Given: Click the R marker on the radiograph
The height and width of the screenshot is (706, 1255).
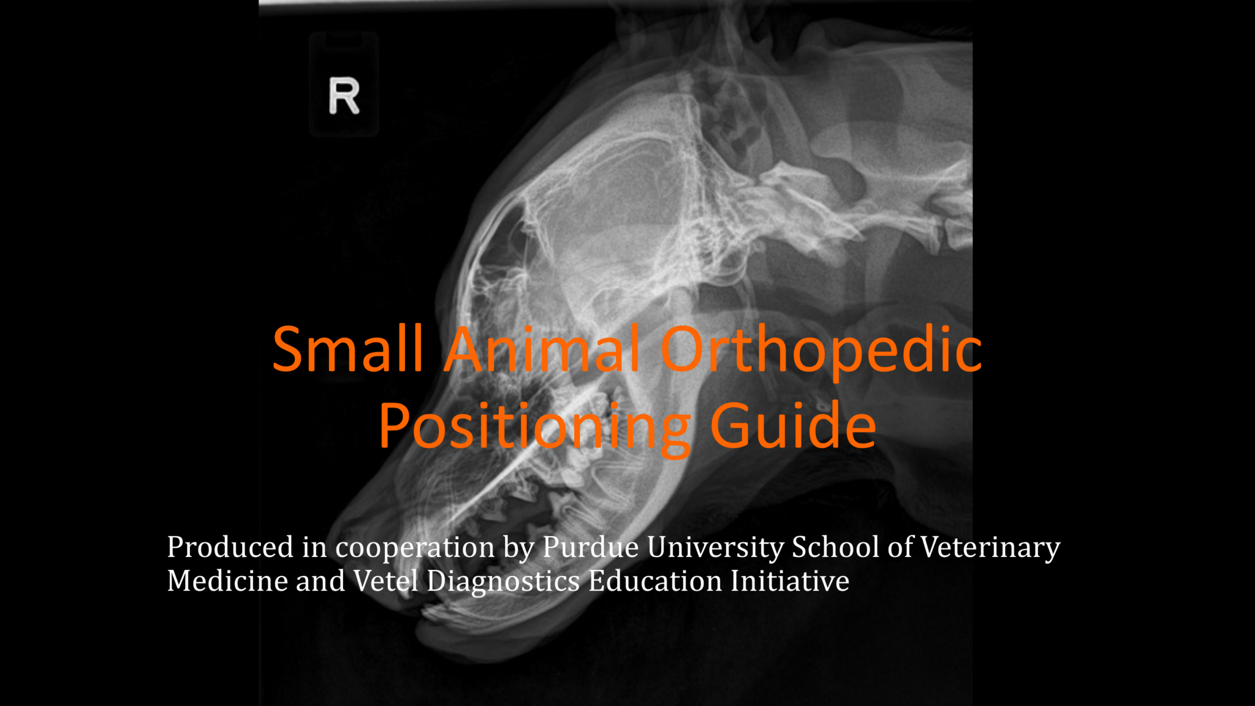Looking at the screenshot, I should click(344, 96).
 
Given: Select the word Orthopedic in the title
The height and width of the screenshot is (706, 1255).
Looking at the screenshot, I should click(821, 351).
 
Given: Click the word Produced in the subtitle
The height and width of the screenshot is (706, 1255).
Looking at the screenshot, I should click(230, 547).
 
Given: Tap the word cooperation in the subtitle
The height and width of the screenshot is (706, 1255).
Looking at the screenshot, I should click(415, 547).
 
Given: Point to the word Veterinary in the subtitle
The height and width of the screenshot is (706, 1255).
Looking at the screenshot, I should click(990, 547).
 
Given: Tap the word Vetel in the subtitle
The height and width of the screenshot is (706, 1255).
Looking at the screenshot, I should click(385, 580).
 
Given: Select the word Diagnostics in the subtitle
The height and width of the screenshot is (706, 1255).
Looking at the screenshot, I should click(503, 582).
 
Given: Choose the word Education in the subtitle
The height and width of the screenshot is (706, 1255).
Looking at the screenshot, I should click(655, 580).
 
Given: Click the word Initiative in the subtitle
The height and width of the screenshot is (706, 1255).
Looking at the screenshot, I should click(790, 580).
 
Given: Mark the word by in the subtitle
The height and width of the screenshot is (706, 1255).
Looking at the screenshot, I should click(519, 548).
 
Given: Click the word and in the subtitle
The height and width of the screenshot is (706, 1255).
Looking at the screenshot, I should click(320, 580).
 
